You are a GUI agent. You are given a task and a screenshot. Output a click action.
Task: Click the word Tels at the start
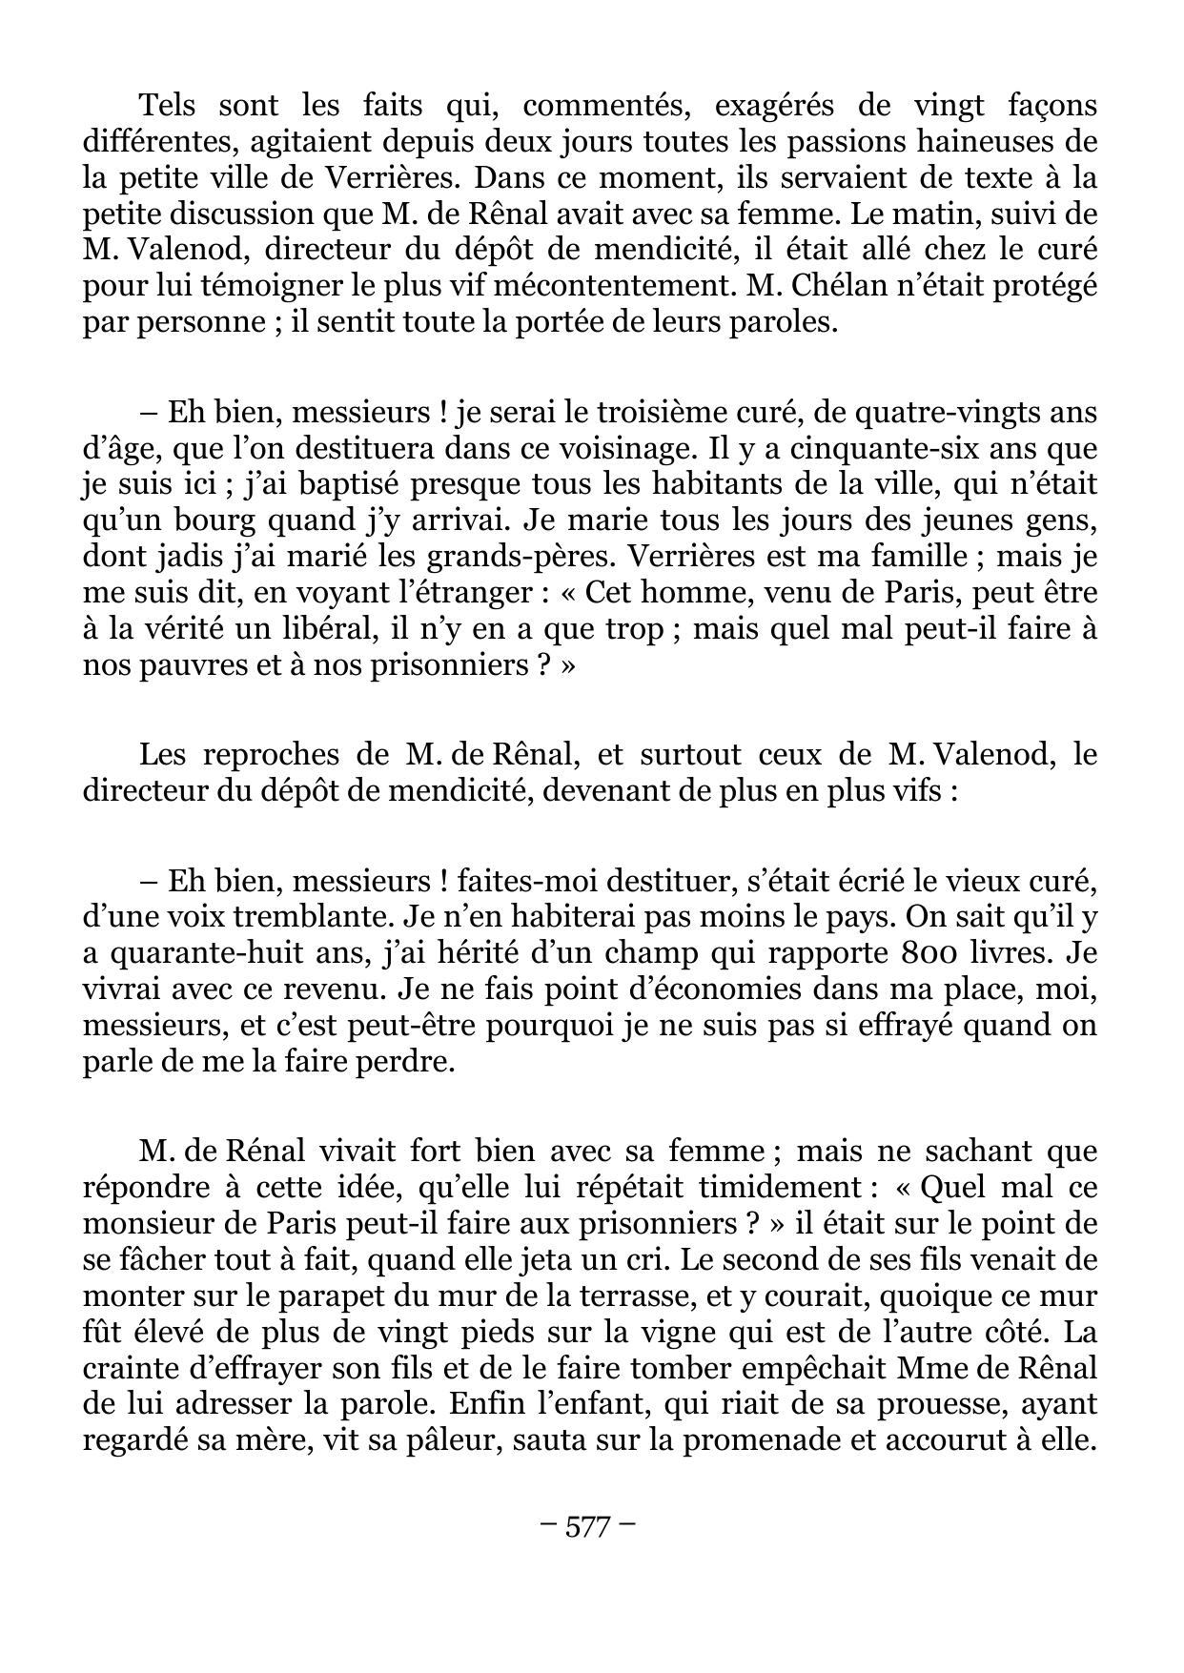(167, 105)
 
